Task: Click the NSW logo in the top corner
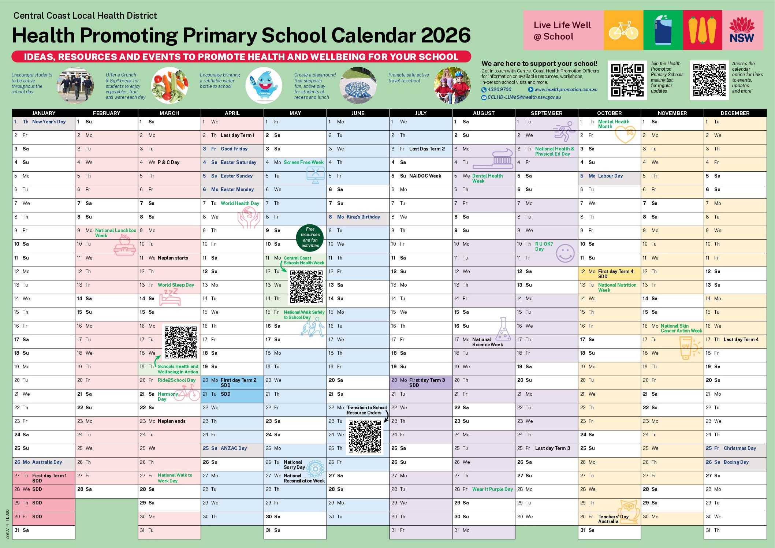[x=742, y=30]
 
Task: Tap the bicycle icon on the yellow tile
[x=623, y=30]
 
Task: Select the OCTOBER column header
[x=609, y=113]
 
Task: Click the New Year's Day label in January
[x=49, y=122]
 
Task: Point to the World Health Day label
[x=240, y=204]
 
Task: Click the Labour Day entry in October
[x=610, y=176]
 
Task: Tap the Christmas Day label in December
[x=739, y=448]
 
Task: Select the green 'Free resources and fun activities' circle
[x=310, y=237]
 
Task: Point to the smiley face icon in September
[x=565, y=253]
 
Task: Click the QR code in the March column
[x=180, y=342]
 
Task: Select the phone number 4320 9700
[x=499, y=90]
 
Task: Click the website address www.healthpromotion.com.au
[x=566, y=90]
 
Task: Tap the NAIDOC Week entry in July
[x=425, y=176]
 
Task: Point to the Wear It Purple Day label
[x=492, y=489]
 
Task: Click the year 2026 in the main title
[x=446, y=36]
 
